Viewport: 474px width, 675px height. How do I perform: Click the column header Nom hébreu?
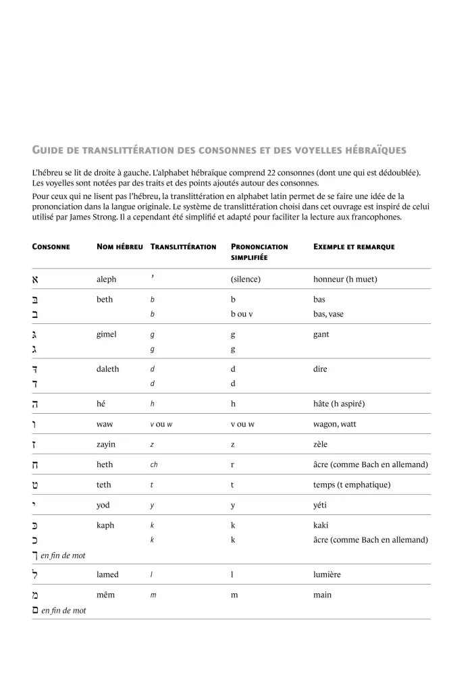coord(120,247)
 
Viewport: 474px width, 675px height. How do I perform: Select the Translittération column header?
coord(183,247)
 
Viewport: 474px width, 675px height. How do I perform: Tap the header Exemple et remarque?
coord(354,247)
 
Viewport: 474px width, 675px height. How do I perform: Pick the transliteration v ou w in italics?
coord(162,425)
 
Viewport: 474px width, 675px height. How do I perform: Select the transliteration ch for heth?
coord(153,465)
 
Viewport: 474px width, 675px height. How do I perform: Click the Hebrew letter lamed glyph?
coord(36,574)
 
